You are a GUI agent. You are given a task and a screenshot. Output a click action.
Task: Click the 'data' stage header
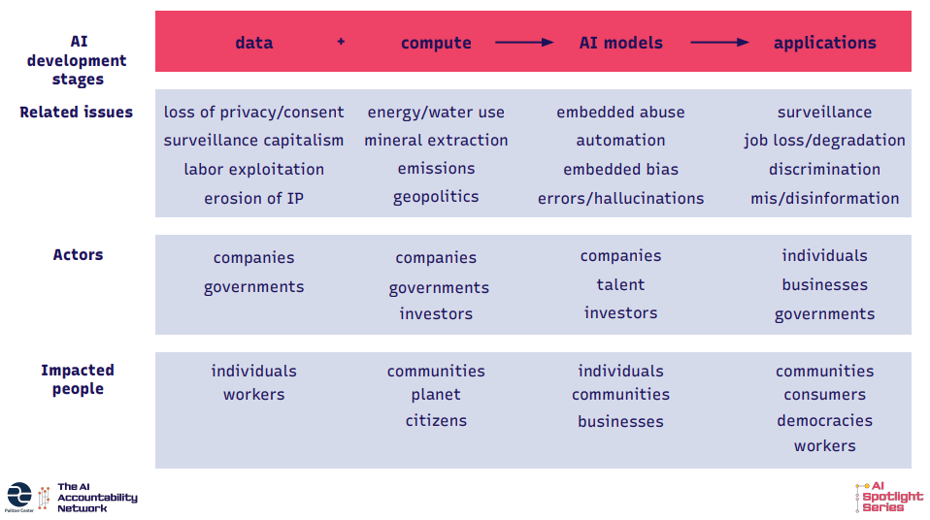253,43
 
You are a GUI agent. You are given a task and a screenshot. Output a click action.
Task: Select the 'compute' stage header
436,43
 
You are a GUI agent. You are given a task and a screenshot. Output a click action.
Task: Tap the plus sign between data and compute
341,42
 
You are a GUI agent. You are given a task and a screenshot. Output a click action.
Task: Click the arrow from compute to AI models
524,42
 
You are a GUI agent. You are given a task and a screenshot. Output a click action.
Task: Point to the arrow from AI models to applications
719,42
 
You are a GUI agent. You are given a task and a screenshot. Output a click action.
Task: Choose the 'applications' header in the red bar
824,43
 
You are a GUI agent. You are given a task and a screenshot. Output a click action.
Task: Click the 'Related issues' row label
76,113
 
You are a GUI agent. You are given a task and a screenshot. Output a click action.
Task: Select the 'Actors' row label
78,254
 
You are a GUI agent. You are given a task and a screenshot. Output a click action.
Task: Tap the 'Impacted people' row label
78,379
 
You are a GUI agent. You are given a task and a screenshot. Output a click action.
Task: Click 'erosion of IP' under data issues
253,198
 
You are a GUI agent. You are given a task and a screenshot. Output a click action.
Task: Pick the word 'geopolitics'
436,197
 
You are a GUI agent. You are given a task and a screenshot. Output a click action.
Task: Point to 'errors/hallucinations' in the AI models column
620,198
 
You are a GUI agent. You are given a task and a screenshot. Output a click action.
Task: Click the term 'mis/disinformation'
824,198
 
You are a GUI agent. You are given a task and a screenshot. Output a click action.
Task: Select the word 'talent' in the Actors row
620,284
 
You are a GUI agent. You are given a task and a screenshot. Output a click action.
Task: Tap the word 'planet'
436,395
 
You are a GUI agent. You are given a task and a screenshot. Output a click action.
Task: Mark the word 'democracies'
824,420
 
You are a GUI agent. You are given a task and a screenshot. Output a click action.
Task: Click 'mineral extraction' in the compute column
436,140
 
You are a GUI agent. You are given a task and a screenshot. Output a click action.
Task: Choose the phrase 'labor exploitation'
253,169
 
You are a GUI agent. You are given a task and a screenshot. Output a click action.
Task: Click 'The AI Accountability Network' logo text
97,498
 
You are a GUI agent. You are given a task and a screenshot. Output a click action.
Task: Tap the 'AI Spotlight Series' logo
889,497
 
